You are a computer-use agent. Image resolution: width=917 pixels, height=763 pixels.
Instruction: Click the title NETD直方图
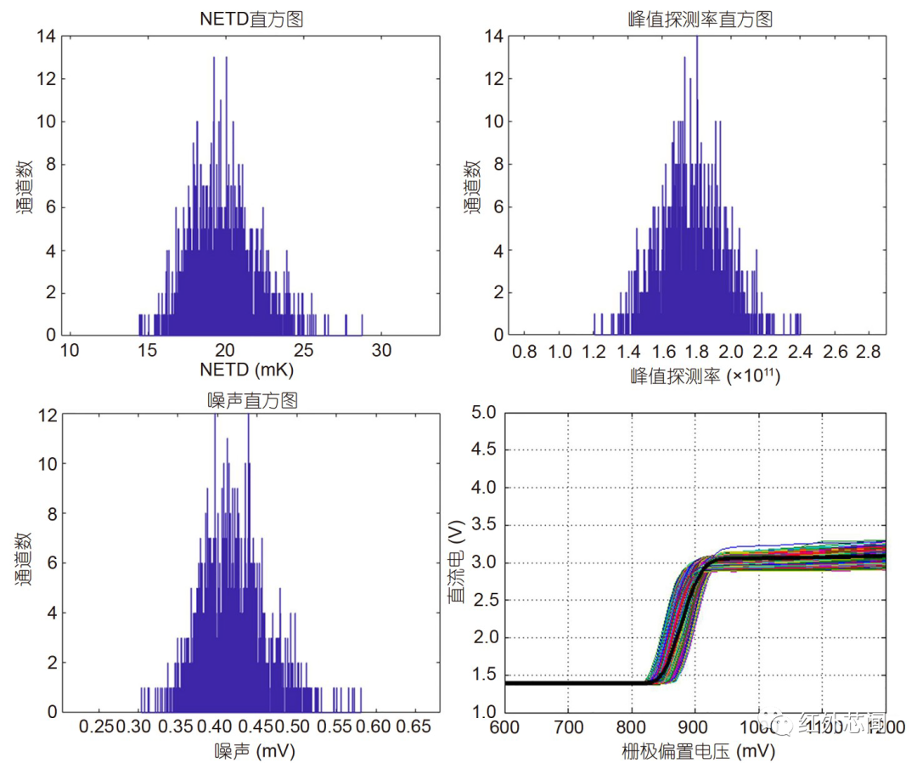pyautogui.click(x=251, y=20)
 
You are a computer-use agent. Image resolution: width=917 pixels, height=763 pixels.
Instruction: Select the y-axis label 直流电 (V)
pyautogui.click(x=456, y=562)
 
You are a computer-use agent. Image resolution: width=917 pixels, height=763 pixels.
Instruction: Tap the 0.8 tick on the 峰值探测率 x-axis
pyautogui.click(x=526, y=350)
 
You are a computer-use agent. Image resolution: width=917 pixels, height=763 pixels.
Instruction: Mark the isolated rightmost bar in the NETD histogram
pyautogui.click(x=363, y=325)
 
